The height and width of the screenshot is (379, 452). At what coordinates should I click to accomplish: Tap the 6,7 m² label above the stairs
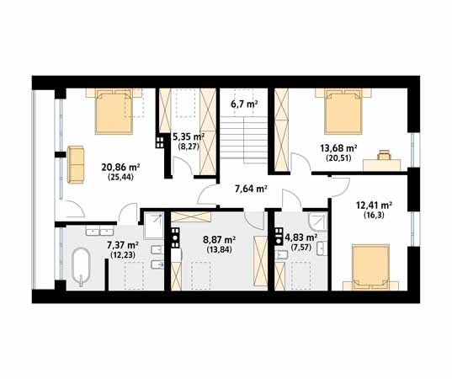[x=244, y=104]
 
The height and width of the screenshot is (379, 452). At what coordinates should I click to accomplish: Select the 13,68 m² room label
[x=338, y=148]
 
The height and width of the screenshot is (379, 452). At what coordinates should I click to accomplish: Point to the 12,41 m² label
[x=374, y=206]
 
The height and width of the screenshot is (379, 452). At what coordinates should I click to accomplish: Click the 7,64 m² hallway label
[x=251, y=189]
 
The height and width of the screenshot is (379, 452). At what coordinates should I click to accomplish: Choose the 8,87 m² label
[x=220, y=240]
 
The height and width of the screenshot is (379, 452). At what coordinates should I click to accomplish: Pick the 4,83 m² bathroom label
[x=301, y=238]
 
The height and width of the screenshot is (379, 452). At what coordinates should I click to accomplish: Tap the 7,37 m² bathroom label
[x=123, y=245]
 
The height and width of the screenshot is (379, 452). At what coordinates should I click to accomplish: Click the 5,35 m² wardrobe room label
[x=189, y=136]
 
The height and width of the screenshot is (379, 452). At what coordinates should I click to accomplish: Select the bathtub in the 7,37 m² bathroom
[x=81, y=265]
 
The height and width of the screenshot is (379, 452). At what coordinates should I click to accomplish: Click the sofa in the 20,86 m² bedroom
[x=76, y=164]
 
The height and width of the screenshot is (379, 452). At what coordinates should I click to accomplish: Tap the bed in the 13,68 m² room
[x=343, y=111]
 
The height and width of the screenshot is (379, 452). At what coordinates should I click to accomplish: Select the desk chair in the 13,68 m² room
[x=384, y=155]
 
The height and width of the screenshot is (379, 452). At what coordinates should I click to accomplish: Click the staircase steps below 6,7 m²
[x=244, y=137]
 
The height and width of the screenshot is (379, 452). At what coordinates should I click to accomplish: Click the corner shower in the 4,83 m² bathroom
[x=318, y=222]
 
